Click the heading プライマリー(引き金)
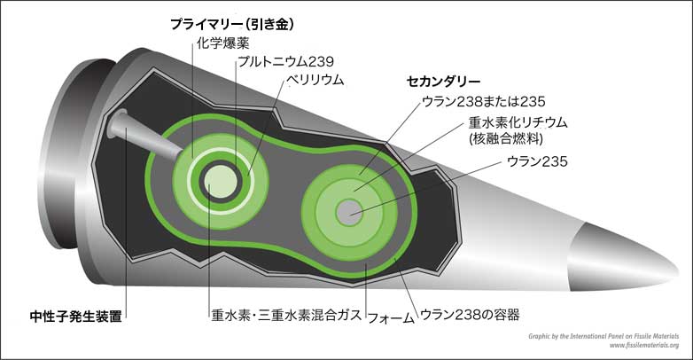pyautogui.click(x=232, y=24)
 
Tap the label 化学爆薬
pyautogui.click(x=217, y=43)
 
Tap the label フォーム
pyautogui.click(x=389, y=314)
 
